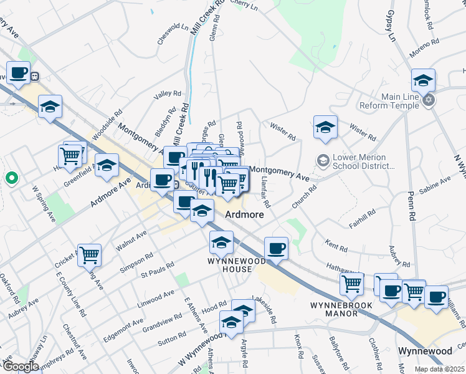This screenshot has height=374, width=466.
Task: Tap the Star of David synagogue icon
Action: [x=428, y=100]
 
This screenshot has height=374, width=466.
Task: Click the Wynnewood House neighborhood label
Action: [x=229, y=264]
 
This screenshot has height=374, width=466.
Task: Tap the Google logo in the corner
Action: [x=20, y=367]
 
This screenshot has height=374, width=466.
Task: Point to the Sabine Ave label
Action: [x=436, y=183]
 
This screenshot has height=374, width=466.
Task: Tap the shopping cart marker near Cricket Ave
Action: [x=89, y=254]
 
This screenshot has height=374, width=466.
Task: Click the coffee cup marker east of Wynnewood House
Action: [x=276, y=248]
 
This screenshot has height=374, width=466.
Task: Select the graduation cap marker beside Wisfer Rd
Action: [x=325, y=128]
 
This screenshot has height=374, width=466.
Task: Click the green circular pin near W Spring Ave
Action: [x=11, y=179]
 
